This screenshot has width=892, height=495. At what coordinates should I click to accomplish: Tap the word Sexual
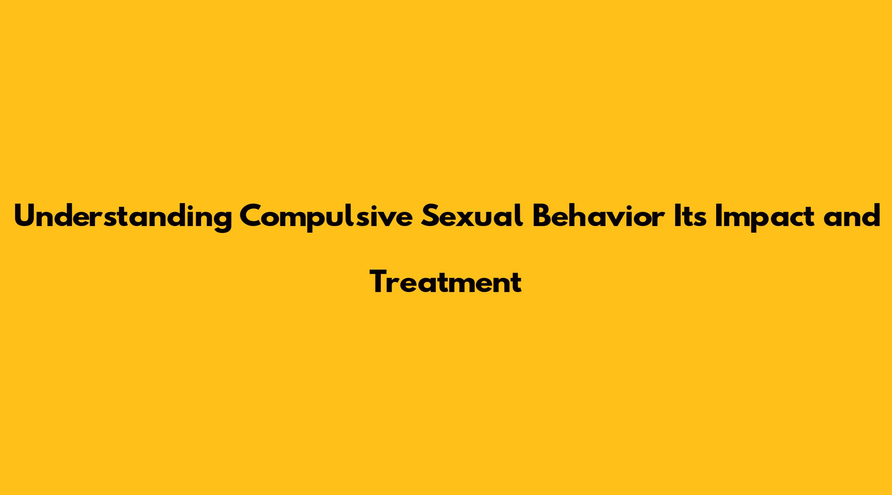pos(473,215)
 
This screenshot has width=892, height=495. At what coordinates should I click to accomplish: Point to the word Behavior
pos(599,215)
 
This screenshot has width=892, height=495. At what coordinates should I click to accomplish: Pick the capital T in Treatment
pos(380,281)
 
